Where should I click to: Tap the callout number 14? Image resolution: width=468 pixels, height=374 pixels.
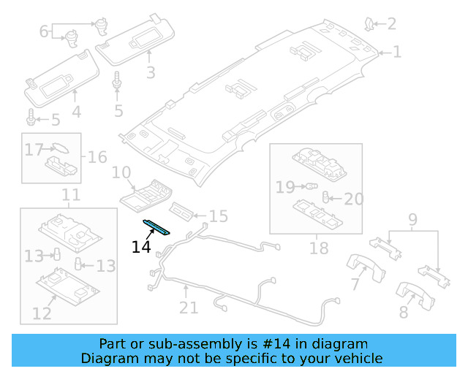(141, 247)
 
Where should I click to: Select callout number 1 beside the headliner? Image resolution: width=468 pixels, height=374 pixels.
(397, 53)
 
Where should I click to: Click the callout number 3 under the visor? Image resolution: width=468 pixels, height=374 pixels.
(151, 72)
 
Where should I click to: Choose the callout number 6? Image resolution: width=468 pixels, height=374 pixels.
(44, 31)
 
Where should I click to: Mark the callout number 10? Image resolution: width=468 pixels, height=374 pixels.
(121, 173)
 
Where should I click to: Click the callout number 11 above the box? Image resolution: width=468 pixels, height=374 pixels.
(70, 195)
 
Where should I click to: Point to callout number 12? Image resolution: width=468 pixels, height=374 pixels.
(42, 313)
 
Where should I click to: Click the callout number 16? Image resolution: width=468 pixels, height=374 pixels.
(97, 157)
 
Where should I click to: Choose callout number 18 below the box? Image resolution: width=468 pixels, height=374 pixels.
(319, 248)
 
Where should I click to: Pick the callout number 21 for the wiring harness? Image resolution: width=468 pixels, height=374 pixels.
(189, 308)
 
